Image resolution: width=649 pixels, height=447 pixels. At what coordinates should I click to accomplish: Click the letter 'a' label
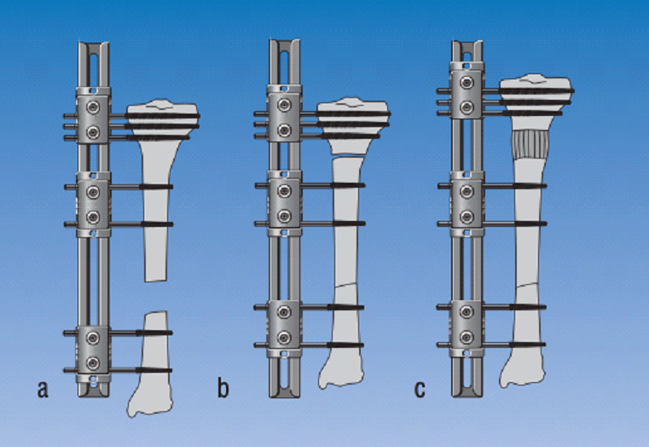click(43, 390)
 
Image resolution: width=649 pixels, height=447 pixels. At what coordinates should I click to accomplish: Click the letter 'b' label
click(223, 388)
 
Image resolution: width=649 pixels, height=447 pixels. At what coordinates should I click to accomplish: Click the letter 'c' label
click(420, 390)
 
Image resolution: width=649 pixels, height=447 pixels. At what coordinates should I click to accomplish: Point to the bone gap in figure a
click(155, 296)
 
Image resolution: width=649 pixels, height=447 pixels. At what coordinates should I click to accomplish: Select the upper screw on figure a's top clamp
click(93, 107)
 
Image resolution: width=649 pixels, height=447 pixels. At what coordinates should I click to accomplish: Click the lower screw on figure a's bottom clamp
click(93, 363)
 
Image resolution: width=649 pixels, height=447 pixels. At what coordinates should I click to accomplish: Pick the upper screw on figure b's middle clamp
click(284, 191)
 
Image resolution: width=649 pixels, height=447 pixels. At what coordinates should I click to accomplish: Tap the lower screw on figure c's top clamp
click(467, 107)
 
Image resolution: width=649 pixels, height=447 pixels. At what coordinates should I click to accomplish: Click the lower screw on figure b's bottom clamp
click(284, 338)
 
